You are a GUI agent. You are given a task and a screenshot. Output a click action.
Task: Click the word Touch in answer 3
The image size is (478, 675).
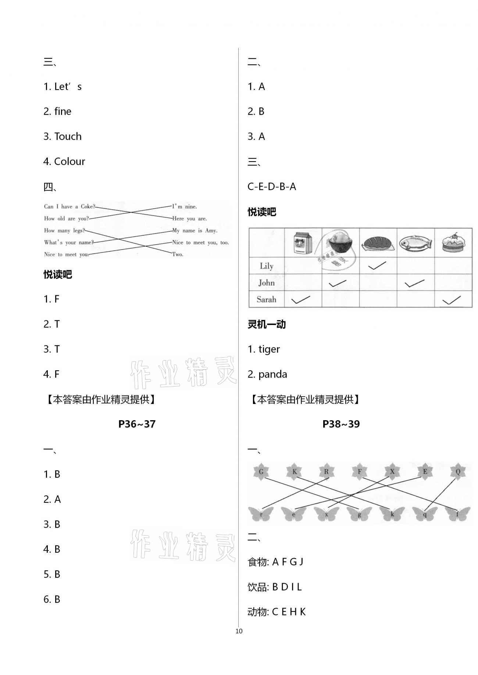(68, 136)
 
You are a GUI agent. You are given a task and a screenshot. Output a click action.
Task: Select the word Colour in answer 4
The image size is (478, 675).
(69, 161)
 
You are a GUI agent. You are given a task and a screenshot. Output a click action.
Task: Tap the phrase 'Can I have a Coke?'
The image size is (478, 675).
(69, 206)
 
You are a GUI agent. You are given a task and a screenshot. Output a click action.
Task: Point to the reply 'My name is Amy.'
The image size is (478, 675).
(195, 230)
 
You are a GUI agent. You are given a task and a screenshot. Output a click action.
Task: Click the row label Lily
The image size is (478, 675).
(266, 266)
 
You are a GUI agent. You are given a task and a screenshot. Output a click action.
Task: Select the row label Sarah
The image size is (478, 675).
(266, 299)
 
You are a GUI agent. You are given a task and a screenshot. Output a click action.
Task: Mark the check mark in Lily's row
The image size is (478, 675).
(377, 266)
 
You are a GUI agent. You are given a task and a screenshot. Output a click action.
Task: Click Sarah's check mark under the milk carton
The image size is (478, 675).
(300, 300)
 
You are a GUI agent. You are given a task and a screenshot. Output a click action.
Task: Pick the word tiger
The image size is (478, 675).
(269, 349)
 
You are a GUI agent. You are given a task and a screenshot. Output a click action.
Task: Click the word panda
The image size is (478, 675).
(272, 374)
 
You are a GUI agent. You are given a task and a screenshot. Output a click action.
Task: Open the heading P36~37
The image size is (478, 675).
(137, 424)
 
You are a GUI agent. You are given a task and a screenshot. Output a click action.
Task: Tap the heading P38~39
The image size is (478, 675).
(341, 424)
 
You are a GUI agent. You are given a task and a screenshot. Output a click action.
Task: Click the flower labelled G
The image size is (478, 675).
(261, 472)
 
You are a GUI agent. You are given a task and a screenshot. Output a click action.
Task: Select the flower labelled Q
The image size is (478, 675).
(458, 472)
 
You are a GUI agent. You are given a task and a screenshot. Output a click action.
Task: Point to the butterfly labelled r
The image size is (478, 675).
(261, 514)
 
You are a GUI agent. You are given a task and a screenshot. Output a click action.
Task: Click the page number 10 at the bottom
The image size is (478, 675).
(239, 631)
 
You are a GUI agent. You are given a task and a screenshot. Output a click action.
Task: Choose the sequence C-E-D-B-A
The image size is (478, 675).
(272, 187)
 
